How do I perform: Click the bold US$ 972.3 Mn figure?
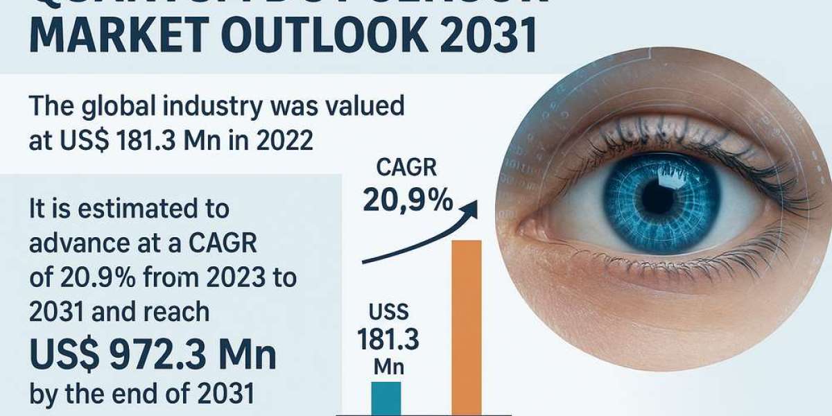click(153, 355)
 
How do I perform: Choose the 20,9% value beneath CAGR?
click(408, 200)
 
